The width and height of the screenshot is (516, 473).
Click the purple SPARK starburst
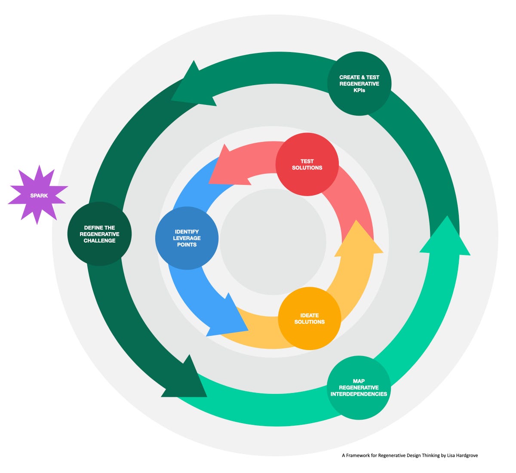click(x=38, y=195)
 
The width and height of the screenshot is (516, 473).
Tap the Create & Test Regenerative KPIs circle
click(x=359, y=83)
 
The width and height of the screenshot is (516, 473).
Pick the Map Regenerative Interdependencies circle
click(x=359, y=387)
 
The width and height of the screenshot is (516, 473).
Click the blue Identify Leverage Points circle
click(x=187, y=238)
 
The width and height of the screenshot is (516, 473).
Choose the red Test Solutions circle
click(x=307, y=164)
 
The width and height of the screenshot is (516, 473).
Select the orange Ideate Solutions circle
click(x=310, y=319)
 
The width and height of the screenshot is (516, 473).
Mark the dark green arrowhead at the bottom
click(x=185, y=378)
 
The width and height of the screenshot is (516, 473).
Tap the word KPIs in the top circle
click(x=359, y=90)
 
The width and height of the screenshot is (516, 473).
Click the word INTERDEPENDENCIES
click(x=359, y=394)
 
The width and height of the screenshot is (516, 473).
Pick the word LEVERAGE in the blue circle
click(x=187, y=238)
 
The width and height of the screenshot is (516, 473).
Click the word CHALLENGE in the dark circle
click(x=99, y=240)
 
